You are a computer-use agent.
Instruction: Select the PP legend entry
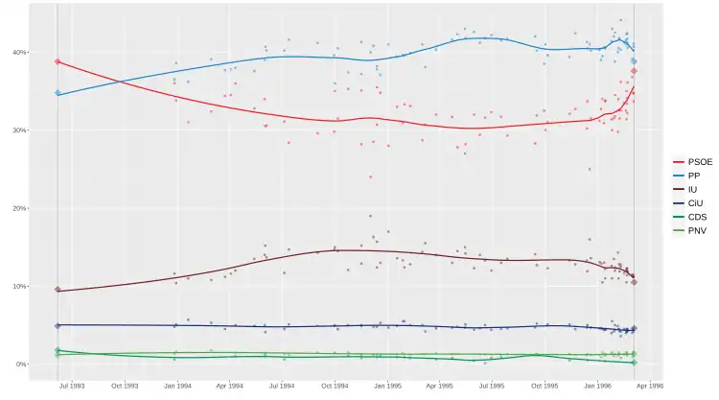[x=685, y=176]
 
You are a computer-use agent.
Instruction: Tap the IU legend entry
[x=684, y=190]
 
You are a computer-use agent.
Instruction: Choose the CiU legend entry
[x=685, y=203]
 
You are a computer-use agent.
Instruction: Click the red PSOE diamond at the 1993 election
[x=58, y=61]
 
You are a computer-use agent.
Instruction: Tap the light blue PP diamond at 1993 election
[x=58, y=93]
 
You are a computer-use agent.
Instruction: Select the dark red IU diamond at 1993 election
[x=58, y=290]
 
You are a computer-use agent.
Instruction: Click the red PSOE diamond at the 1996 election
[x=634, y=71]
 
